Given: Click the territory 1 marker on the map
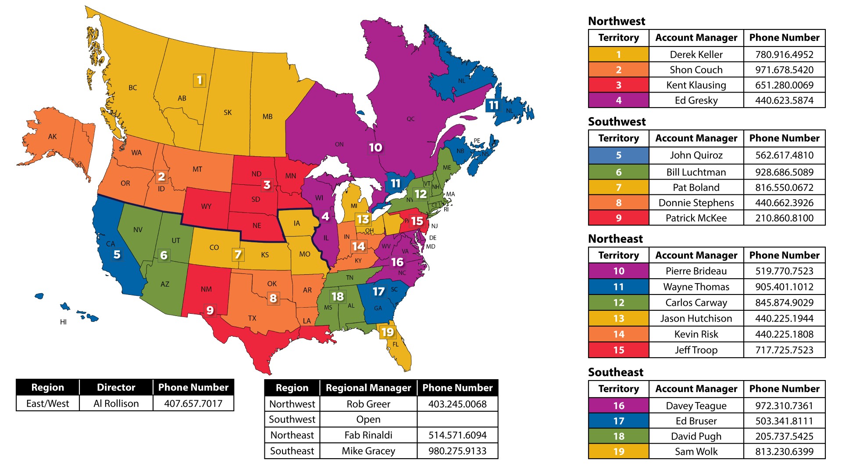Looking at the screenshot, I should pos(200,80).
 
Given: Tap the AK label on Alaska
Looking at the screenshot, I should pos(53,136).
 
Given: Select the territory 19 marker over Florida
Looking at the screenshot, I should pos(387,332).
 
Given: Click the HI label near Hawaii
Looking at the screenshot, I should pos(63,322).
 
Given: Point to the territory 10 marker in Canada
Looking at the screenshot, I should pos(375,147).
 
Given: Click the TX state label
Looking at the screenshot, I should pos(252,318).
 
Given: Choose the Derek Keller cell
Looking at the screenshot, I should pos(696,54).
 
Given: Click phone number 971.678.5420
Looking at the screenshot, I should pos(784,70).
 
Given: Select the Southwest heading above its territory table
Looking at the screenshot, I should pos(617,122).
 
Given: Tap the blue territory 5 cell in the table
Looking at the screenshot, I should pos(618,155).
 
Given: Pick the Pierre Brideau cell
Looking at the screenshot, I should pos(696,271).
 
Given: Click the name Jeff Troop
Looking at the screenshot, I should pos(696,350).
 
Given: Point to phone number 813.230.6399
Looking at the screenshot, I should pos(784,451).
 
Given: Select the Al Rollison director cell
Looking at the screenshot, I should pos(116,403).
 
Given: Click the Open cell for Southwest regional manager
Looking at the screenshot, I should pos(368,419).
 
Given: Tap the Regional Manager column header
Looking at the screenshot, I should pos(368,388).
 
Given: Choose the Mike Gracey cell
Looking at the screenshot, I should pos(368,451).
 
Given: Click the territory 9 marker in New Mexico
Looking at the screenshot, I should pos(210,310).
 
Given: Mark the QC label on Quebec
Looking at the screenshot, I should pos(410,119).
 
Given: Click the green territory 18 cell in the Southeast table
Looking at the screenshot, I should pos(618,436).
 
